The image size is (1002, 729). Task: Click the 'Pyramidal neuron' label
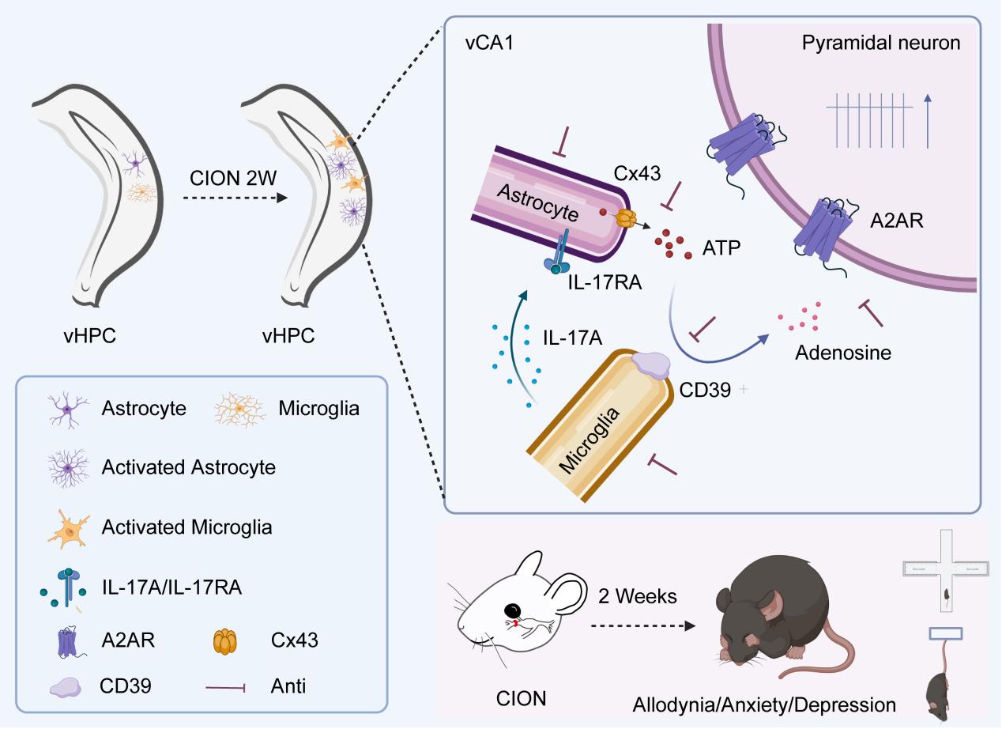881,43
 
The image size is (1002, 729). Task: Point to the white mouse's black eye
514,610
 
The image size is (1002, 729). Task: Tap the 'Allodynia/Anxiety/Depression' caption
764,704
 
